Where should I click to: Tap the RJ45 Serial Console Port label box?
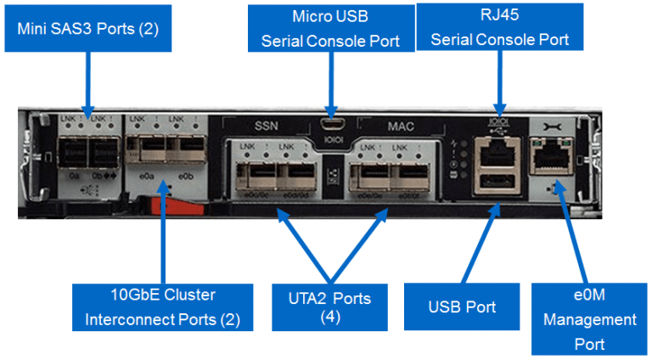[499, 27]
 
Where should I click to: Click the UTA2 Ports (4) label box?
[329, 307]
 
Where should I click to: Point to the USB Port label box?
[462, 307]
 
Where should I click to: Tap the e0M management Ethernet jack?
[547, 152]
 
